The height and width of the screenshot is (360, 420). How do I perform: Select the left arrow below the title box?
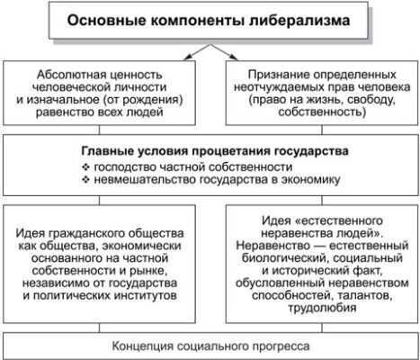coord(198,52)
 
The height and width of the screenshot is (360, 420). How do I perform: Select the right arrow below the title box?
coord(225,52)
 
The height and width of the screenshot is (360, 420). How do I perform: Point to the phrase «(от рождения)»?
coord(143,100)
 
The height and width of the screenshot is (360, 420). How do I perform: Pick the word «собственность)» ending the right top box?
coord(322,112)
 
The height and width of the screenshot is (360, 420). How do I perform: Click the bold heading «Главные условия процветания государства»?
coord(215,150)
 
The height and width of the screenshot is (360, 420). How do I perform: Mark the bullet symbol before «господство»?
coord(86,166)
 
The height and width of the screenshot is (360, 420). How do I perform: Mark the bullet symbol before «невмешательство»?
coord(86,180)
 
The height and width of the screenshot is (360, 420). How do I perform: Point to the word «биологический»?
coord(285,258)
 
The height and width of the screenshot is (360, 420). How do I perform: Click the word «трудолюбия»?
coord(322,309)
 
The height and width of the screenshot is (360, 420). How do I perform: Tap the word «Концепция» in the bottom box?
coord(143,346)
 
